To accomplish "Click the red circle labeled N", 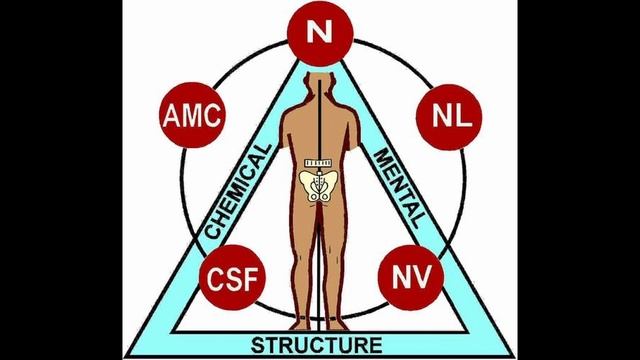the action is tap(320, 33).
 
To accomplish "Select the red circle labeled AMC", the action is tap(192, 115).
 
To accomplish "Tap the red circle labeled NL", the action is tap(449, 117).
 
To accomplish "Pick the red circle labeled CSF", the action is tap(232, 278).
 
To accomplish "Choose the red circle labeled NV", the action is tap(411, 277).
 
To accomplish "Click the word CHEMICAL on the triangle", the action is tap(238, 191).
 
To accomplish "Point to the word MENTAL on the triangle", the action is tap(398, 187).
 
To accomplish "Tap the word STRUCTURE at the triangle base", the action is tap(317, 345).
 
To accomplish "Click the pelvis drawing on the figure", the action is tap(319, 186).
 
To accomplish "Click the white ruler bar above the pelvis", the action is tap(318, 163).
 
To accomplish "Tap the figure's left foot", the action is tap(300, 325).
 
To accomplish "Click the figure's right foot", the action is tap(337, 325).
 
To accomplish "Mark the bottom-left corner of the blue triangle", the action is tap(126, 356).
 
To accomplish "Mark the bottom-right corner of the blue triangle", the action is tap(513, 356).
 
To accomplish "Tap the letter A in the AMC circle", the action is tap(171, 116).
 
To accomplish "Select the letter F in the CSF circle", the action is tap(251, 278).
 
